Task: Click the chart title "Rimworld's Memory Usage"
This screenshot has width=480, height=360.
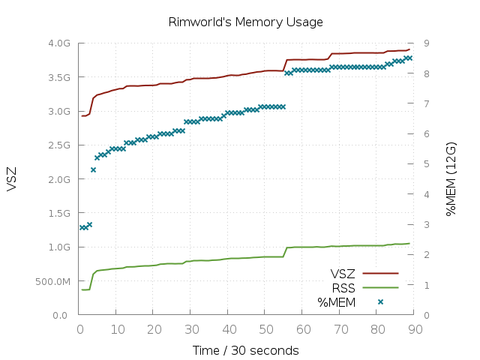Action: point(245,22)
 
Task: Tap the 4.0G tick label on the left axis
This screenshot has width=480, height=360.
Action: point(59,43)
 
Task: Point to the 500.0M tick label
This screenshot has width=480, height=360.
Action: point(52,282)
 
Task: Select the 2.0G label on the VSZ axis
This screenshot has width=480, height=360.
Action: point(59,179)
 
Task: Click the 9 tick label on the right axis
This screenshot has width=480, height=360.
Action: point(427,43)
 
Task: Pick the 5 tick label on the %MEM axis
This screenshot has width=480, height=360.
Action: point(427,164)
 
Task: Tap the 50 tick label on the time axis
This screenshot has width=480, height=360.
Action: point(265,330)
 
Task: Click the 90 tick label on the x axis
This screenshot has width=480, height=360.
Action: point(415,330)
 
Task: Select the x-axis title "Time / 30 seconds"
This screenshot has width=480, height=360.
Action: point(245,350)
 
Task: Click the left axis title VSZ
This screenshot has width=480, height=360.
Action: point(11,179)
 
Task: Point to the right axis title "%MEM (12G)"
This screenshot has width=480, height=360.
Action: point(451,179)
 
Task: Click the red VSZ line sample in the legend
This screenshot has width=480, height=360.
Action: point(380,273)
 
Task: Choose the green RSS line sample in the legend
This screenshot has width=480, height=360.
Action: point(380,287)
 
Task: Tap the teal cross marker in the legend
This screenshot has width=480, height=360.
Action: point(380,301)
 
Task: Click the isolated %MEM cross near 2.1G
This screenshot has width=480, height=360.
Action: point(93,170)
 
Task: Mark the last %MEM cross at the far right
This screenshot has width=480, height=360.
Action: point(410,58)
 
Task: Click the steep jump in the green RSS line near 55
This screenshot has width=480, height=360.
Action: point(285,252)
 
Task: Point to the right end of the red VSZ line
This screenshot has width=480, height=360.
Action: point(409,49)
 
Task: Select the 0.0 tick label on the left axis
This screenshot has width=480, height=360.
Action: point(60,315)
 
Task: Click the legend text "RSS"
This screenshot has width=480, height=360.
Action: point(343,288)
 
